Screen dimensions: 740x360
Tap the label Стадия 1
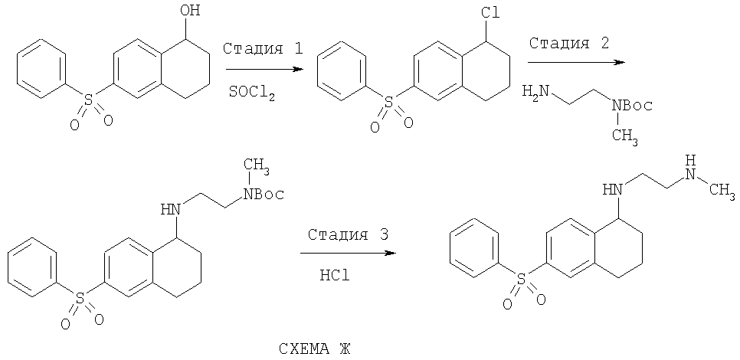[x=263, y=48]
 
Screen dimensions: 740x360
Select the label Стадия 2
[x=568, y=44]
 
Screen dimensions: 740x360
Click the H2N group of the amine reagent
[x=535, y=91]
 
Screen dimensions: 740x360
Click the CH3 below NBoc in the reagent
[x=626, y=136]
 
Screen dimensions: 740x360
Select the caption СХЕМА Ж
[x=315, y=349]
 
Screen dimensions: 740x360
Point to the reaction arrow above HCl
[x=349, y=254]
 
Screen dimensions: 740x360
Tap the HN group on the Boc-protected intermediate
[x=170, y=208]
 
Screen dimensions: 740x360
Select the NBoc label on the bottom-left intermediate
[x=264, y=194]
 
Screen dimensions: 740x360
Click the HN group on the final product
[x=612, y=190]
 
